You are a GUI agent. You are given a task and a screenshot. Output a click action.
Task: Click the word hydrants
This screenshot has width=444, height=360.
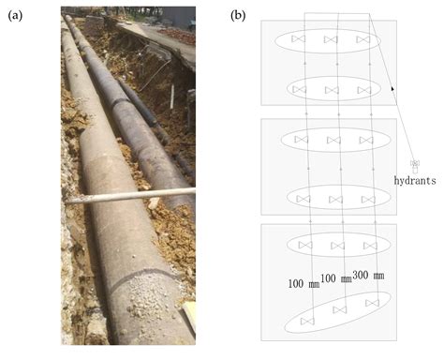coord(414,180)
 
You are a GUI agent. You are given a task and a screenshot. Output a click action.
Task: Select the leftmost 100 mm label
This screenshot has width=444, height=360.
coord(303,282)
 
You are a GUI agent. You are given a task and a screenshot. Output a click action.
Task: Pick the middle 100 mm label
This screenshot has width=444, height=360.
coord(335,277)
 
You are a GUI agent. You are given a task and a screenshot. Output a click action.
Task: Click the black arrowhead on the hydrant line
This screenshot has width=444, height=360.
coord(392,87)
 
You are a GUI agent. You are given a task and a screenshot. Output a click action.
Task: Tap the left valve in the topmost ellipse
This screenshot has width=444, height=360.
coord(299,40)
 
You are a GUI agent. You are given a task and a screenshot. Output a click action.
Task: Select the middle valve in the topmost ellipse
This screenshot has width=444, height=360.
coord(331,40)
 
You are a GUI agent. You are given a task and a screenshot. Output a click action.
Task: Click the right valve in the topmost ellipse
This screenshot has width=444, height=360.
coord(363,40)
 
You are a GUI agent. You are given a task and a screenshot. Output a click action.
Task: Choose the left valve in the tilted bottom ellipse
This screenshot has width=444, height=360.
coord(306,321)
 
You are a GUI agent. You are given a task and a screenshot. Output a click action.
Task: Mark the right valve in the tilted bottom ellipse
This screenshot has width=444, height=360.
coord(373,302)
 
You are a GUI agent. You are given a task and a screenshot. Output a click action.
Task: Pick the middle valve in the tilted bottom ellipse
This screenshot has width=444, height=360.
coord(339,310)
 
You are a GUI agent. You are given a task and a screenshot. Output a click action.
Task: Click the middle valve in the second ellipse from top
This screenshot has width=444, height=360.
coord(331,90)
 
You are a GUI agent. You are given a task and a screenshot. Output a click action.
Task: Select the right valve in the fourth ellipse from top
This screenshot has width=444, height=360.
coord(368,199)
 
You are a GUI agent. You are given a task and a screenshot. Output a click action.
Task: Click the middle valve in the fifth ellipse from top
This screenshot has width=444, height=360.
coord(337,246)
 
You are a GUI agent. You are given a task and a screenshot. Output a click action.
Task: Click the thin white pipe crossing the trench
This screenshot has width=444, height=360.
coord(131,195)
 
